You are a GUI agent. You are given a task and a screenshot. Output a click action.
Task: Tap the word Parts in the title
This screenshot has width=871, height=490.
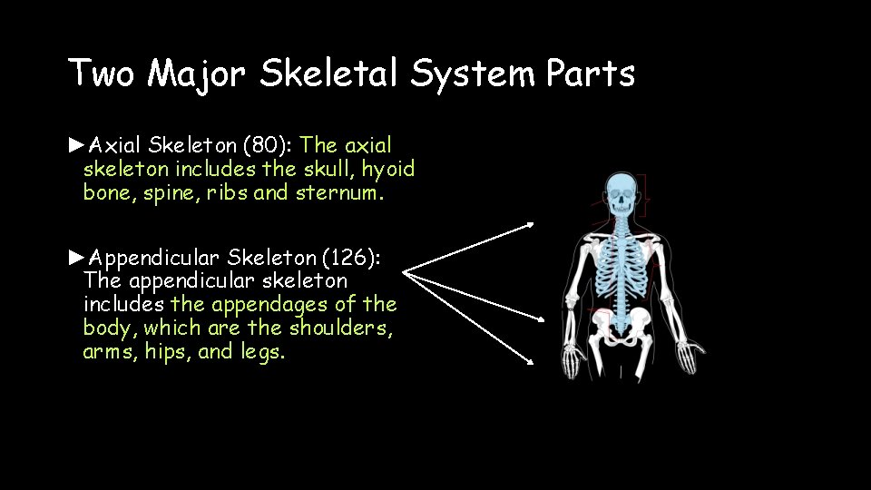pyautogui.click(x=591, y=73)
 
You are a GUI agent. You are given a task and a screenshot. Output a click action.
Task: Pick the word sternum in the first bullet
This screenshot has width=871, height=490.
pyautogui.click(x=338, y=192)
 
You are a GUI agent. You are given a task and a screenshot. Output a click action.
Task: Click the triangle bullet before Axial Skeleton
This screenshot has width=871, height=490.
pyautogui.click(x=77, y=144)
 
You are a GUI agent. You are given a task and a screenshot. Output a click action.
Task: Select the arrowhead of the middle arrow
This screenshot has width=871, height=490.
pyautogui.click(x=543, y=320)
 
